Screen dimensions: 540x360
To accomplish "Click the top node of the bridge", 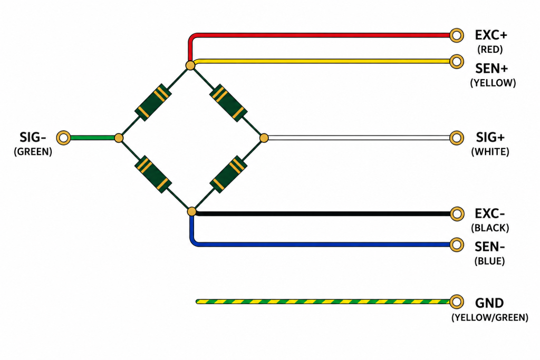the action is [190, 65].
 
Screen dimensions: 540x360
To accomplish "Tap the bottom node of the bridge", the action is [192, 211].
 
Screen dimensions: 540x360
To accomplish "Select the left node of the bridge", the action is [119, 138].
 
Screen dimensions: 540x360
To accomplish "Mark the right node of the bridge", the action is [264, 138].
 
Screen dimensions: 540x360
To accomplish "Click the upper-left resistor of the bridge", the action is [153, 103].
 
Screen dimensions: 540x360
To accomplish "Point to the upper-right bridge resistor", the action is [229, 103].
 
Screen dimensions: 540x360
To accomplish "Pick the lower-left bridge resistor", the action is [153, 174].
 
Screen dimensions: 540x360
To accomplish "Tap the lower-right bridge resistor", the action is [228, 174].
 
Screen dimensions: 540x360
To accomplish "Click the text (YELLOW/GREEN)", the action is [490, 317].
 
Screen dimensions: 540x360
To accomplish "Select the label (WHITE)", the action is [490, 152].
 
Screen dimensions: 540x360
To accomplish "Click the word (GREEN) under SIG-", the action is [33, 152].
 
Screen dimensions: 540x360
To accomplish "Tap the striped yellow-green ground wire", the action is [323, 301].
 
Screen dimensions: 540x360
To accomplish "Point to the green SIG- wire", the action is [92, 138].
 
